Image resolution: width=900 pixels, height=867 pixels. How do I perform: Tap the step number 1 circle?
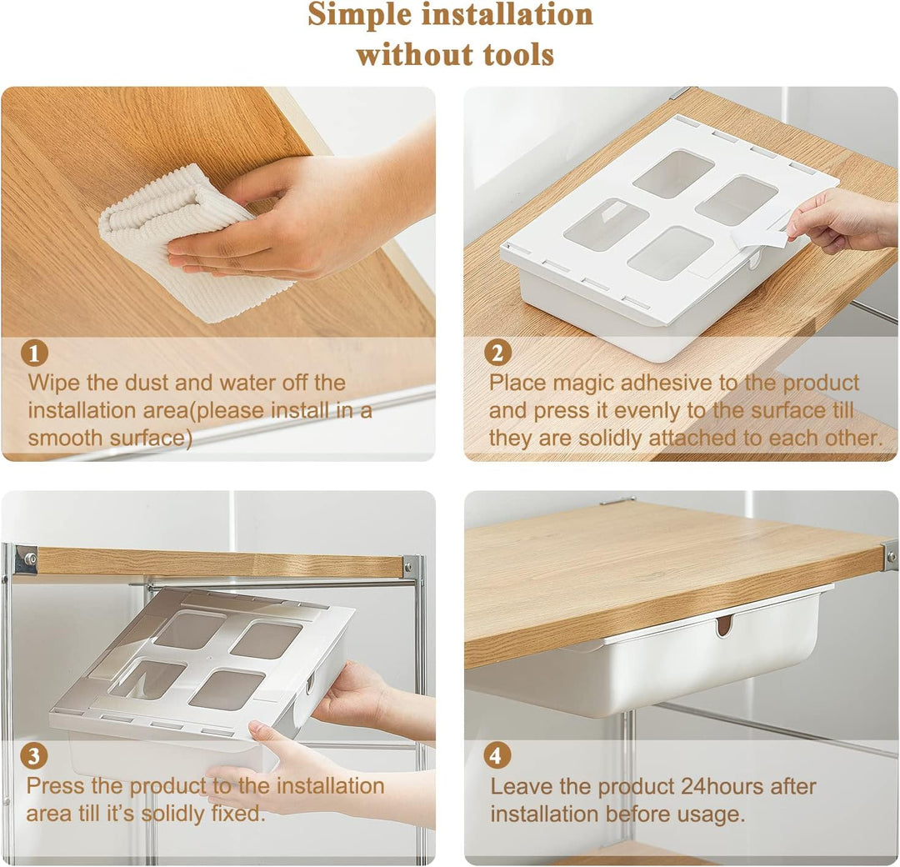pos(34,353)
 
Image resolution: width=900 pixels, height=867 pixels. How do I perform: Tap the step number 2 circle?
pos(497,353)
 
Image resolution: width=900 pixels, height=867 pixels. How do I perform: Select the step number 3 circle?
pos(34,757)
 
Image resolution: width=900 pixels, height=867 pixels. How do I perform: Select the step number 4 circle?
pos(497,757)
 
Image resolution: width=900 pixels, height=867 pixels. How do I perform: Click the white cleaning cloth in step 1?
pos(167,217)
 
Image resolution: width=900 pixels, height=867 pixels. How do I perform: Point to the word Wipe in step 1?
pos(54,383)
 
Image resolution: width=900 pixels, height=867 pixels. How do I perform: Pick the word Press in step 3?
pos(55,786)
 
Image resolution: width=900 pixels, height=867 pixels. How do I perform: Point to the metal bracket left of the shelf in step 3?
pos(24,560)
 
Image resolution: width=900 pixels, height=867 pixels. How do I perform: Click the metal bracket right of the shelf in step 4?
pos(891,555)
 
